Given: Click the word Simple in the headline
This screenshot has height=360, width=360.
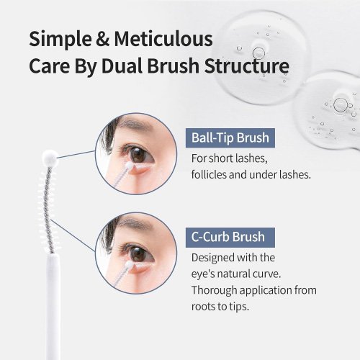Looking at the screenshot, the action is click(60, 40).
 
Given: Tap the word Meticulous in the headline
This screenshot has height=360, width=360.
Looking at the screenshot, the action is click(163, 38).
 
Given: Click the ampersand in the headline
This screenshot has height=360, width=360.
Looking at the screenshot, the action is click(103, 39).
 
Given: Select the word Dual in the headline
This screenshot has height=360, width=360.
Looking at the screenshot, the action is click(122, 66).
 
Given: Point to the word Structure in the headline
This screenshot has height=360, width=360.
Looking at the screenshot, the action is click(247, 66).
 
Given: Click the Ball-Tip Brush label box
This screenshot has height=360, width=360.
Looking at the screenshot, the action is click(230, 138).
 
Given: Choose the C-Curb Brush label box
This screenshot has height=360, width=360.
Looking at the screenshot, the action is click(230, 238).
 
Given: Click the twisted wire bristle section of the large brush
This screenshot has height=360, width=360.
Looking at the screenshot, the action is click(48, 210).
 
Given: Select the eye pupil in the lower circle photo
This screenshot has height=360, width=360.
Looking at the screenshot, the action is click(138, 253).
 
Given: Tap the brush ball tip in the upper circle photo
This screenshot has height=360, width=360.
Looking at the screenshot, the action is click(130, 166).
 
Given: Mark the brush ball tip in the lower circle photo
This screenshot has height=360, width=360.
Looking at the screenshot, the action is click(130, 265).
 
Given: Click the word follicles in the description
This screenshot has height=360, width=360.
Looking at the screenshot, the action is click(209, 174).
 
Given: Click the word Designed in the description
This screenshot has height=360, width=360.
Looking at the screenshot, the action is click(212, 258).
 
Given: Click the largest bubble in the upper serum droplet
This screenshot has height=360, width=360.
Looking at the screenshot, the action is click(258, 53).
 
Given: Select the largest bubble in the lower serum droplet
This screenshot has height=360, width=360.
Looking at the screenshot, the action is click(341, 105).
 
